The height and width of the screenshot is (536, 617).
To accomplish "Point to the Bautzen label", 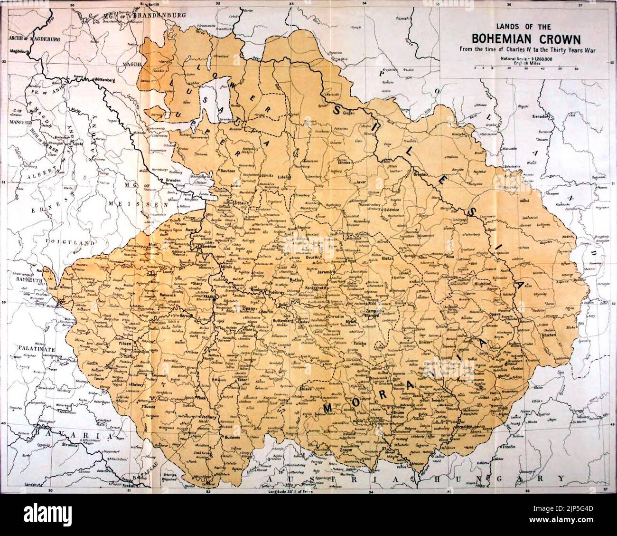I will [x=229, y=170].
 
